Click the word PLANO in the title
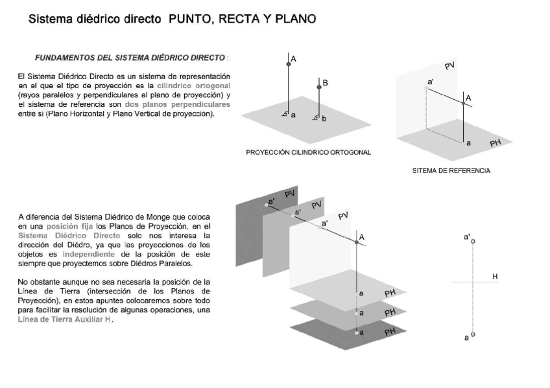click(294, 19)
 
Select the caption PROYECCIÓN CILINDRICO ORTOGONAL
click(309, 152)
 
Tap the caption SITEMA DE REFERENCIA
click(451, 171)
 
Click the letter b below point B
click(324, 119)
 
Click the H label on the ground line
click(495, 277)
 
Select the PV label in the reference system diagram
click(450, 67)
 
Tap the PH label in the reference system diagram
click(496, 143)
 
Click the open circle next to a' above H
click(473, 241)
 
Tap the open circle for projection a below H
click(473, 334)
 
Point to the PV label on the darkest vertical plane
click(290, 194)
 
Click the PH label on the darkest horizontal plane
click(390, 332)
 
